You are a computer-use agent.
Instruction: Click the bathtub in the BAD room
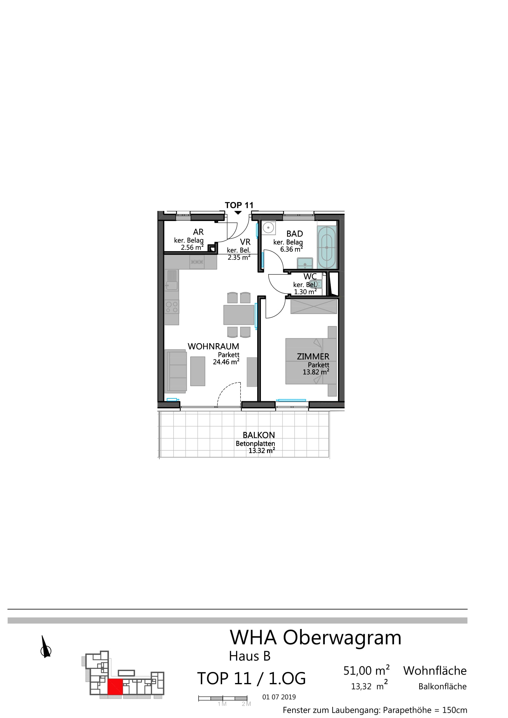point(327,247)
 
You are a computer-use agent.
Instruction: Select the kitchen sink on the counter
point(171,281)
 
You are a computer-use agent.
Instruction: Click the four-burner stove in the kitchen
point(171,307)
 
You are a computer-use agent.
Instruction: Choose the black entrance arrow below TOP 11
point(238,213)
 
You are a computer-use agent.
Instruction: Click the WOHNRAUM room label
point(213,347)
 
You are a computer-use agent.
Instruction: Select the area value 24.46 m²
point(226,362)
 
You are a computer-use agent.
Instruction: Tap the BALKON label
point(259,435)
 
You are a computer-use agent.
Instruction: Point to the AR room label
point(199,232)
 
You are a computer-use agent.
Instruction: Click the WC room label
point(310,277)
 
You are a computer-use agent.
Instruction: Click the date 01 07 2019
point(279,697)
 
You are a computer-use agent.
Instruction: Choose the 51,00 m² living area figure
point(367,671)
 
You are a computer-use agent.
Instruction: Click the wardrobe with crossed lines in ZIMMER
point(314,306)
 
